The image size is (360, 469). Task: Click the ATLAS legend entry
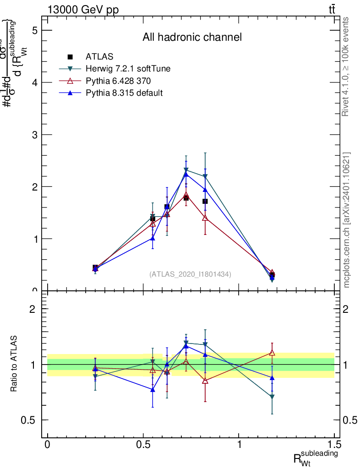click(x=99, y=57)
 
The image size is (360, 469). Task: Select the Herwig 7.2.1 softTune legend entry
click(x=128, y=69)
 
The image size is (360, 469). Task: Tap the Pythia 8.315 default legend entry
click(x=124, y=93)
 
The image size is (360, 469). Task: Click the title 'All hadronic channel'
click(x=192, y=37)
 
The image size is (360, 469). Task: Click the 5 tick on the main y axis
click(x=34, y=30)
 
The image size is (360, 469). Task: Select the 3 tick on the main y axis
click(x=34, y=135)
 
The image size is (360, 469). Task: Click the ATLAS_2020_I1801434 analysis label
click(x=190, y=274)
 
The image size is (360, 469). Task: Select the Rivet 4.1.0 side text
click(x=346, y=67)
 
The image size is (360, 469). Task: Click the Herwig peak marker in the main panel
click(x=186, y=170)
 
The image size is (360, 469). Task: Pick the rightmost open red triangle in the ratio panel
click(x=272, y=353)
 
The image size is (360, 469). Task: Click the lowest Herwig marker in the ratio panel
click(x=272, y=397)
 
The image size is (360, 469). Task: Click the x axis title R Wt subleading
click(x=316, y=458)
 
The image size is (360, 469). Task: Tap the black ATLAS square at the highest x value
click(x=272, y=275)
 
